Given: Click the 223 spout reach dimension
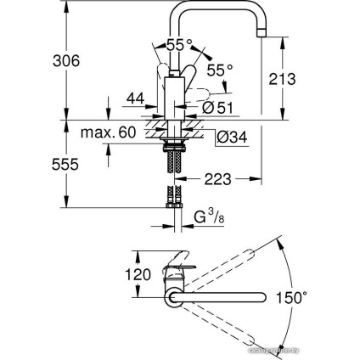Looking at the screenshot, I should [x=217, y=179].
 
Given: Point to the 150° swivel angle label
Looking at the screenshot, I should [x=292, y=297].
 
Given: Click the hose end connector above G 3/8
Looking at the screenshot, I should [x=177, y=201].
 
